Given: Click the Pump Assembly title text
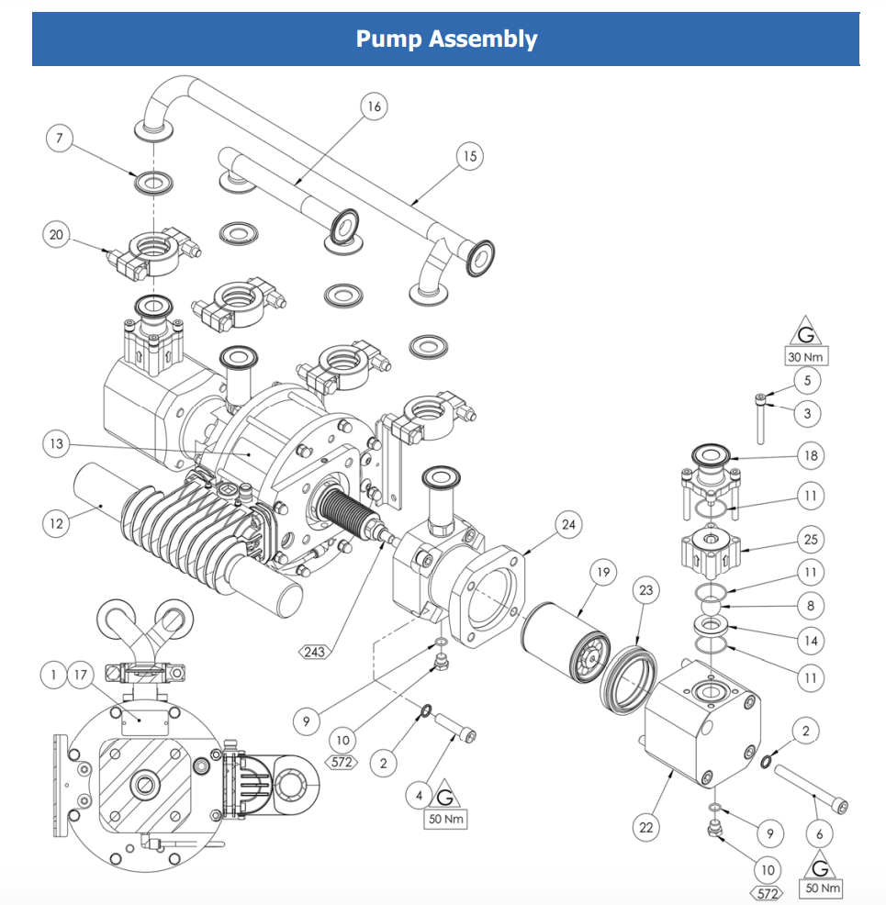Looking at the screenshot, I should (x=446, y=39).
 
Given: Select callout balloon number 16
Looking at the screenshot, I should (x=373, y=106).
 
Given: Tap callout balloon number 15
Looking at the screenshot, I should (x=469, y=156).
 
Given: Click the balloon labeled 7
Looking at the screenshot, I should (x=60, y=139).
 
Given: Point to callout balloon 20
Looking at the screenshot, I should (x=57, y=235).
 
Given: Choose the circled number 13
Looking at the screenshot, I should (x=57, y=444).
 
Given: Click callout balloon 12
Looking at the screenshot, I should (x=57, y=524).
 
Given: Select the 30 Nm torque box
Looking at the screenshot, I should (x=804, y=356).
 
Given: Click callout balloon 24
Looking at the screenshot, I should (x=569, y=524).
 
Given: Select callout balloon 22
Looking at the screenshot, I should (x=647, y=827).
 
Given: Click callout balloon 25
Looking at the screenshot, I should (x=810, y=539).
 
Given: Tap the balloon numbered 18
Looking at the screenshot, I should (x=810, y=455).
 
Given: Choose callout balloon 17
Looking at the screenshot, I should (x=81, y=676).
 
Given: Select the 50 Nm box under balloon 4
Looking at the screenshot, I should (x=446, y=819).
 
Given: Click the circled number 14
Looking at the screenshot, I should (x=810, y=640).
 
